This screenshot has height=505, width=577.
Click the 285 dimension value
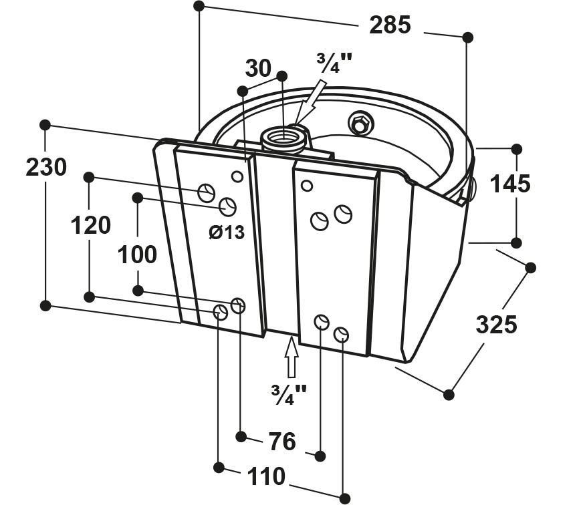390,25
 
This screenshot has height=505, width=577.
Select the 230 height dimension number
46,166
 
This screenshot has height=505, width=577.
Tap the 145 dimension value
510,184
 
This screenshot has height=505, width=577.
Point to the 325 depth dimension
496,324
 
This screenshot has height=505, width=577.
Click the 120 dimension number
90,225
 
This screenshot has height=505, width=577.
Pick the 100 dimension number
137,255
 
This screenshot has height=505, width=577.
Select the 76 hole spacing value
282,441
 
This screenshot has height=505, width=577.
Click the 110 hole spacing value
266,476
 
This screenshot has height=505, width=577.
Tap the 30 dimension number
258,68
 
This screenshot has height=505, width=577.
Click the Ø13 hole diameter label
227,232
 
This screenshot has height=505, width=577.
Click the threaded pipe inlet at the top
283,139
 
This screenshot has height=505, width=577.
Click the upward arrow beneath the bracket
292,357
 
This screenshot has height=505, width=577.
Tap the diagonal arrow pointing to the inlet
310,104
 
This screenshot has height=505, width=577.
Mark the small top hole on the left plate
237,176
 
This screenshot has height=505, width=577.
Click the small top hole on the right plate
306,186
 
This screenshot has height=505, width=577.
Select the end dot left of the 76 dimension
241,437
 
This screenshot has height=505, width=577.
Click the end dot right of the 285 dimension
467,37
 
